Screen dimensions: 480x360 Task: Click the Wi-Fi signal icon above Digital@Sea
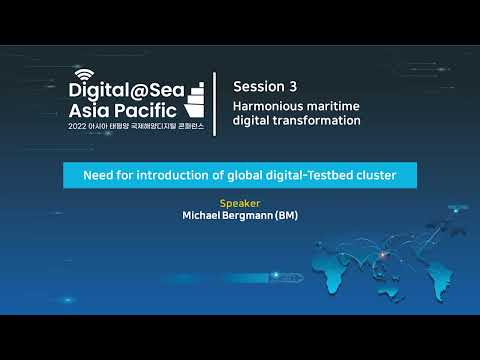coord(84,74)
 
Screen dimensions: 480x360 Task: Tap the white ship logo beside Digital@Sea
coord(194,100)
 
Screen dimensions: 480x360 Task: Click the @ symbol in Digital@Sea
coord(139,91)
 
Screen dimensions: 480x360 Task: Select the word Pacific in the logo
coord(145,110)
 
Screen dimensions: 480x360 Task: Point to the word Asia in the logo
coord(89,110)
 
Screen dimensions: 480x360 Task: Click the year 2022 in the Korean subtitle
coord(77,126)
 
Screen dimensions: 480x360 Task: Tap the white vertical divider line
coord(215,104)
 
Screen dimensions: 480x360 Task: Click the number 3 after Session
coord(293,87)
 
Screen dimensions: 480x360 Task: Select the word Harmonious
coord(264,106)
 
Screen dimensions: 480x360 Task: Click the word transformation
coord(316,121)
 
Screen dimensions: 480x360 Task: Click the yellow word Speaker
coord(240,203)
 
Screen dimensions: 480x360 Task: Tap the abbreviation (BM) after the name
coord(286,216)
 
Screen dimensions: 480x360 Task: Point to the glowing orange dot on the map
coord(383,255)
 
